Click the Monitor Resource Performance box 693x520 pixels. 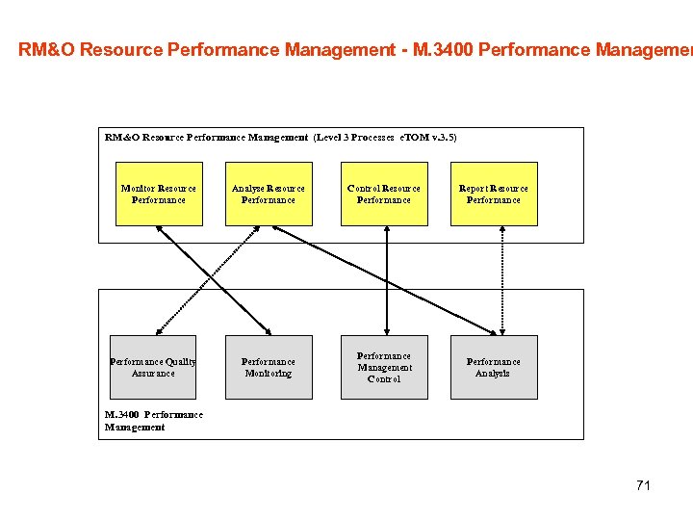pyautogui.click(x=159, y=194)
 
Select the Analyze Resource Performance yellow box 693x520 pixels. pyautogui.click(x=269, y=194)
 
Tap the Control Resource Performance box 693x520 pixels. pyautogui.click(x=384, y=194)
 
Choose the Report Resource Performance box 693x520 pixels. pyautogui.click(x=494, y=194)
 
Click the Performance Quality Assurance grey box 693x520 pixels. pyautogui.click(x=153, y=367)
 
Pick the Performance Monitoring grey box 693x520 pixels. pyautogui.click(x=269, y=367)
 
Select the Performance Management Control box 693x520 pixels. pyautogui.click(x=384, y=367)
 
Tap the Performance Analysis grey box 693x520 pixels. pyautogui.click(x=494, y=367)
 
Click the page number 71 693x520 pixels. pyautogui.click(x=643, y=485)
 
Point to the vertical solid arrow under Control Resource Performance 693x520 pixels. pyautogui.click(x=386, y=280)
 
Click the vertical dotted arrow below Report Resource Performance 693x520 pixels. pyautogui.click(x=501, y=280)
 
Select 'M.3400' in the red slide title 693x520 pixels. pyautogui.click(x=443, y=49)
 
